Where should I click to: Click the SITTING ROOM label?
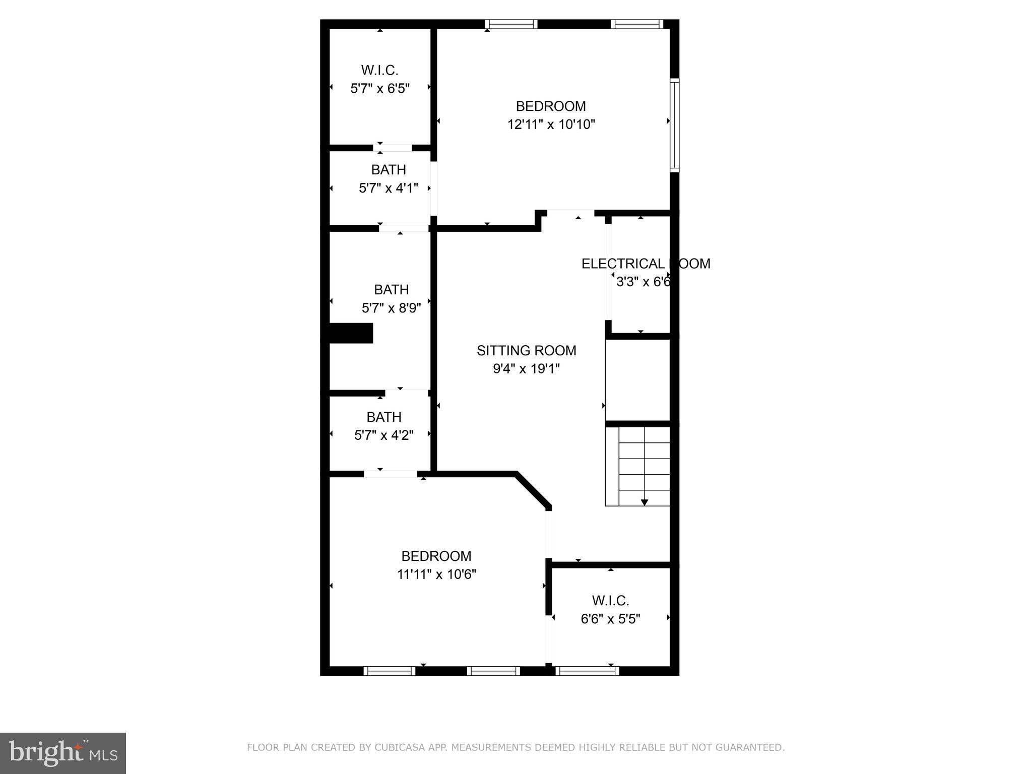[526, 351]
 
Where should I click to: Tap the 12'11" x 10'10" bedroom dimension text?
[551, 124]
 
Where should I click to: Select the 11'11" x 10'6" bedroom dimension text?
[436, 574]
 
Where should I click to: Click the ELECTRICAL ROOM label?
[646, 264]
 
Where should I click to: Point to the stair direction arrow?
[644, 501]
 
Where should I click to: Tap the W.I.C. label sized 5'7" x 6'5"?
[379, 71]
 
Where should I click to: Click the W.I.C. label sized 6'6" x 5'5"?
[610, 601]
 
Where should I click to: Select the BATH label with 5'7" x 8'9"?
[391, 290]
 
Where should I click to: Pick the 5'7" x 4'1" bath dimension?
[388, 188]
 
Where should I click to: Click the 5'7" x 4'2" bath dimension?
[383, 435]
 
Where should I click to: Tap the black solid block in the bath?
[351, 333]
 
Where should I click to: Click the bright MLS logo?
[63, 753]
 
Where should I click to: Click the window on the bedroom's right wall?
[674, 125]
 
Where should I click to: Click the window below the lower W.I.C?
[587, 671]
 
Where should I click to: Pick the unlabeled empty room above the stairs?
[637, 380]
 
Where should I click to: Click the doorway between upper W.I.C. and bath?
[393, 148]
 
